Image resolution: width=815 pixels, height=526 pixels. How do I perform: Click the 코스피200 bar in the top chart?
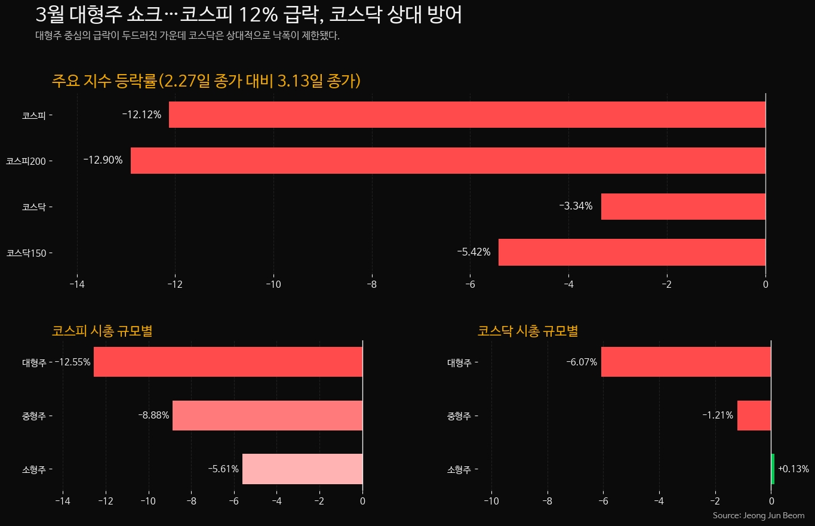coord(448,161)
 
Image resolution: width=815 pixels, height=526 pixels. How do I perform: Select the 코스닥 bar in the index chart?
coord(683,207)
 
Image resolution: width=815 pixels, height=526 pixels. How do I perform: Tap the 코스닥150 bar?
coord(632,252)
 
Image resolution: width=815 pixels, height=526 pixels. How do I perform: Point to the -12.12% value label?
coord(142,115)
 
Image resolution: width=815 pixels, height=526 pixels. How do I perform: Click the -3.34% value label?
coord(576,206)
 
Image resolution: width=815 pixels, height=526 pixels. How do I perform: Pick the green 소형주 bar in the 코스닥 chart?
coord(773,469)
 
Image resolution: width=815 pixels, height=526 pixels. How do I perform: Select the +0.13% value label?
coord(793,469)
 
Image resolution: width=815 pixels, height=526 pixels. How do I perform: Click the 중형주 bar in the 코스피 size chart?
coord(267,415)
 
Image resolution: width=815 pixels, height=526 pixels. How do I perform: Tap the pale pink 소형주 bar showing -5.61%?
coord(302,469)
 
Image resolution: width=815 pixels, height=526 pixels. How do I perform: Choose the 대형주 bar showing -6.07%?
coord(685,362)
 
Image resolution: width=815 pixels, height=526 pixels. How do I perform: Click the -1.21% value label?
coord(718,415)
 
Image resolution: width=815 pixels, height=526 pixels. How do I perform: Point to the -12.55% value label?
coord(72,362)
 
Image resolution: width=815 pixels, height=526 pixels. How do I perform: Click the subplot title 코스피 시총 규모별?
coord(102,331)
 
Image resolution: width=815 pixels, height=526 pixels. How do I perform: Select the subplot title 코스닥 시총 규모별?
coord(528,331)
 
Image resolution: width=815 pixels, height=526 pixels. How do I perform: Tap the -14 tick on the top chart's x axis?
coord(77,284)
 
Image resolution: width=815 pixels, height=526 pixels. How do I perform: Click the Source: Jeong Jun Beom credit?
coord(758,515)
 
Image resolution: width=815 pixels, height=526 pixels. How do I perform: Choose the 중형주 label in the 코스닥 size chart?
coord(459,416)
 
